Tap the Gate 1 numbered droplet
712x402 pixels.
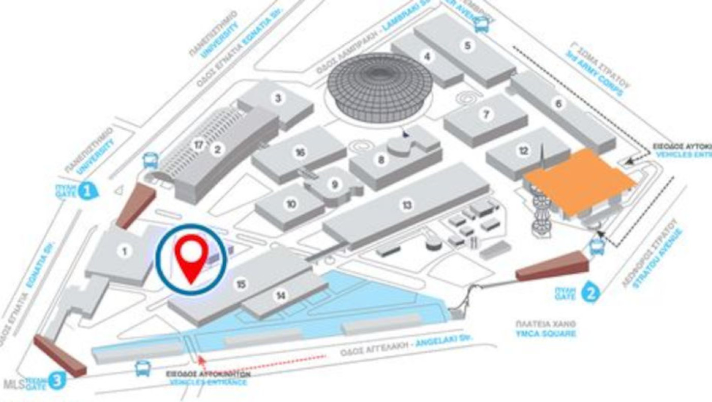88,191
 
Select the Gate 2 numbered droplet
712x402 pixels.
591,292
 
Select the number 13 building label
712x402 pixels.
407,205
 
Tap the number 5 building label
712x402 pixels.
467,45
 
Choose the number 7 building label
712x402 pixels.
486,115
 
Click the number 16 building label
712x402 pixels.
300,152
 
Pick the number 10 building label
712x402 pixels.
291,204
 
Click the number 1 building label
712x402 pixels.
123,250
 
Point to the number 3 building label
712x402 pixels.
278,98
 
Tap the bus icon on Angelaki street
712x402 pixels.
143,368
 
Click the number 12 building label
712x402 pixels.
524,151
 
